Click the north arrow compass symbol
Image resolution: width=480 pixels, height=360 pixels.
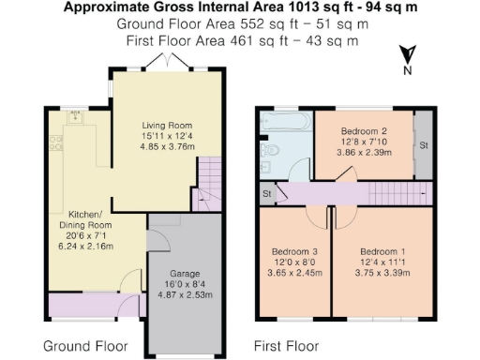405,56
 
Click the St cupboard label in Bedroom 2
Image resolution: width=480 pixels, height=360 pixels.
424,145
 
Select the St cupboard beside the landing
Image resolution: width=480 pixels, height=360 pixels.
267,193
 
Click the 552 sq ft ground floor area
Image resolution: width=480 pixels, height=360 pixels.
259,23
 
